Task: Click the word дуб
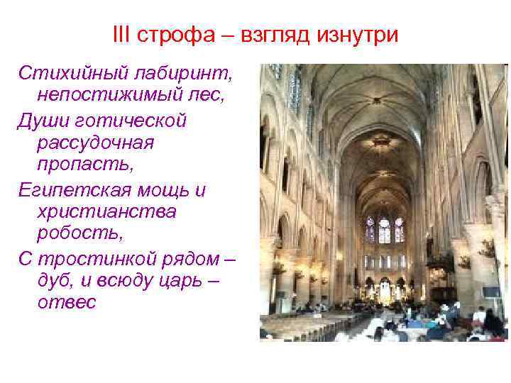tap(57, 282)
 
